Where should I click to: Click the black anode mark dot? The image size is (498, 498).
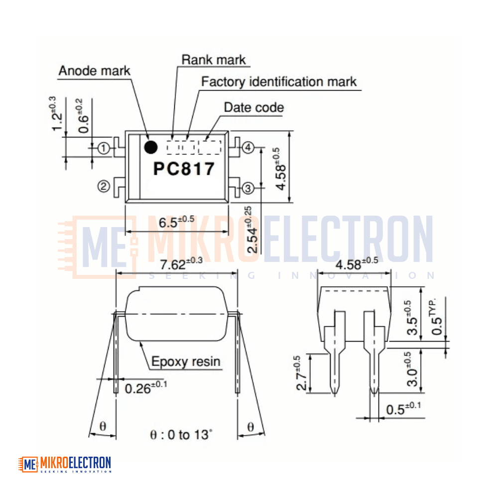pos(150,147)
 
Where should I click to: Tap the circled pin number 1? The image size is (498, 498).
pos(104,148)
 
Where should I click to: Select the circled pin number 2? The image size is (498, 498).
pos(104,186)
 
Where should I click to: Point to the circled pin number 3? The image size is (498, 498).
pos(249,188)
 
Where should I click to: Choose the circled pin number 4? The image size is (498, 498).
pos(249,147)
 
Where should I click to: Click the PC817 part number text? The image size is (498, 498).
pos(184,169)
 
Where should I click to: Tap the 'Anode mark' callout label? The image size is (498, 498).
pos(94,71)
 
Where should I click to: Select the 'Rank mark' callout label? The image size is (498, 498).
pos(214,60)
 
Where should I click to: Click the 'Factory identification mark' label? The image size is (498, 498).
pos(279,82)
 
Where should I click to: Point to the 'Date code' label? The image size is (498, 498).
pos(254,108)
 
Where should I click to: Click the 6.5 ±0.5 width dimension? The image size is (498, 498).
pos(177,222)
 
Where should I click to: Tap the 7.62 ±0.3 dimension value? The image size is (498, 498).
pos(181,263)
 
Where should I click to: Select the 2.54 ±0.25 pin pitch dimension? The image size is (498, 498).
pos(251,230)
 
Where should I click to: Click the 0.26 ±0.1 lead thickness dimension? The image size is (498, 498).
pos(146,387)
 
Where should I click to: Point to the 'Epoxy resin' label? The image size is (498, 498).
pos(186,362)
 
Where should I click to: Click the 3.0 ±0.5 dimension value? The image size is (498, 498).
pos(412,369)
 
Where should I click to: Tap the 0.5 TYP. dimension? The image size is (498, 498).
pos(436,316)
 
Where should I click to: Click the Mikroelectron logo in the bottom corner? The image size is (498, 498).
pos(65,464)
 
